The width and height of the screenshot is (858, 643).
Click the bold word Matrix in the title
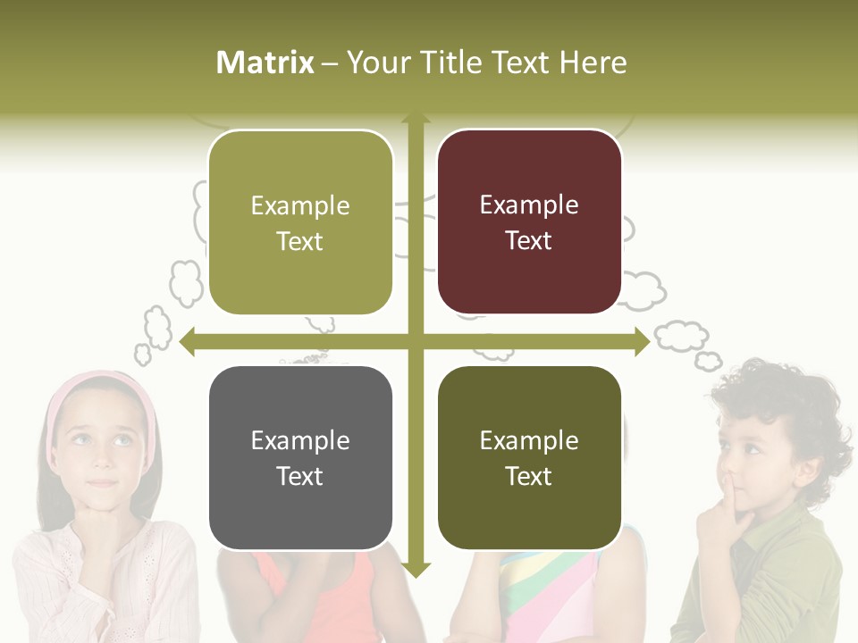coord(265,63)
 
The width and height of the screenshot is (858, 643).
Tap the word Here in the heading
coord(593,63)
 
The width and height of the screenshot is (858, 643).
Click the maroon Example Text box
coord(529,222)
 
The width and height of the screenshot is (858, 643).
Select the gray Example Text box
coord(300,457)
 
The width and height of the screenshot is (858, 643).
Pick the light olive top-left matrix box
coord(300,222)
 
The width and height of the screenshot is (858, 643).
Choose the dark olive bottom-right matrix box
coord(529,457)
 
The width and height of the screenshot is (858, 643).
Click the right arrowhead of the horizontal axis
coord(641,341)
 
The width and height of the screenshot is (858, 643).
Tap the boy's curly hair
coord(786,393)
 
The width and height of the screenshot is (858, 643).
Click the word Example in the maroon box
coord(529,205)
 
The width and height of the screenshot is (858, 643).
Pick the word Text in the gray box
coord(300,476)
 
